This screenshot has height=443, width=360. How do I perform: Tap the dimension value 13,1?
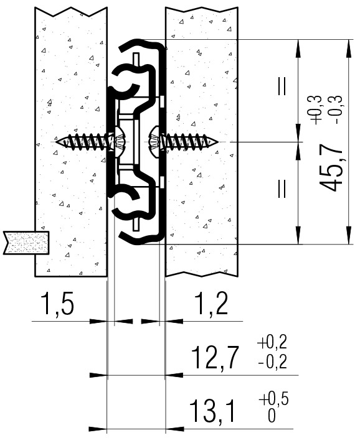(212, 411)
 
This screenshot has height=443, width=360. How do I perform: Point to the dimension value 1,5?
(58, 304)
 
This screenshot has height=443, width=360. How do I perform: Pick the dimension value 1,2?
(212, 304)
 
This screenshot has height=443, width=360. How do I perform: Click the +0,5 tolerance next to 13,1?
(273, 399)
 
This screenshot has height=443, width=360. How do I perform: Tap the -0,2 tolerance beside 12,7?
(272, 361)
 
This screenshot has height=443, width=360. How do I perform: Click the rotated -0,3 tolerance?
(338, 110)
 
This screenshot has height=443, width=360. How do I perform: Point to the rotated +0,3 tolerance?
(316, 110)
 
